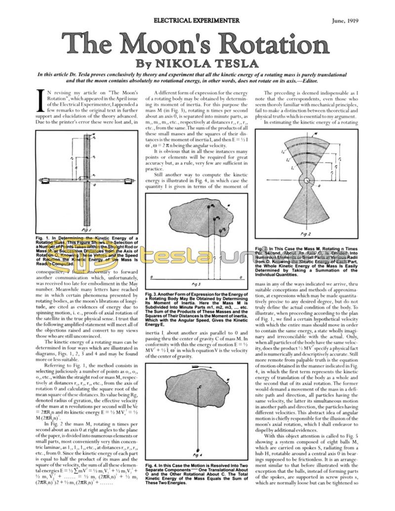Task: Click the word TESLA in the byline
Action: coord(233,64)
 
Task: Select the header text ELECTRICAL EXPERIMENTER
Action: coord(197,20)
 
